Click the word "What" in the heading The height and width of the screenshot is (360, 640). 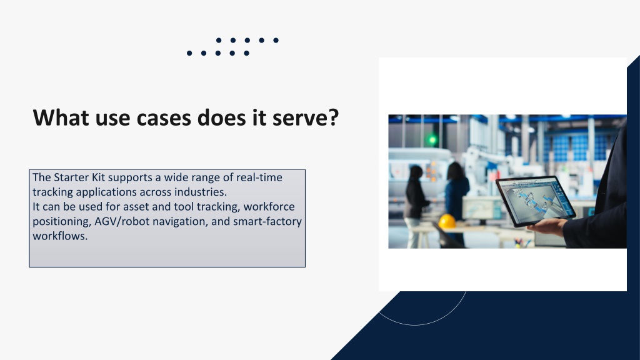click(61, 117)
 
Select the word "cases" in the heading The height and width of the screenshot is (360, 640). click(164, 117)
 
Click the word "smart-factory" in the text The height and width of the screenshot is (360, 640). click(267, 222)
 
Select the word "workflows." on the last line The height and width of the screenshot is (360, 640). click(60, 236)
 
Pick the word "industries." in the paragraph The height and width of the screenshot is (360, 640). click(201, 192)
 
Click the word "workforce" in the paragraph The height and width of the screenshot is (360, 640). click(269, 206)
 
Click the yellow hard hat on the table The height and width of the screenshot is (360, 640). click(447, 222)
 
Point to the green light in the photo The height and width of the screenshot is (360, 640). click(432, 140)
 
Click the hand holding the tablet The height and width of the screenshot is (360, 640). click(547, 226)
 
